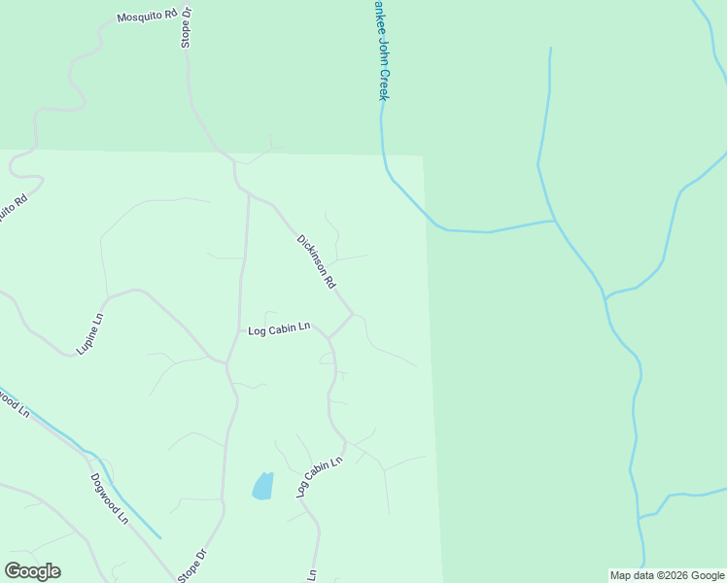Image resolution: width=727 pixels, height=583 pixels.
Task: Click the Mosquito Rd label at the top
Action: [148, 16]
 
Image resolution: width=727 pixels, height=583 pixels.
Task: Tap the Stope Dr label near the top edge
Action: [187, 27]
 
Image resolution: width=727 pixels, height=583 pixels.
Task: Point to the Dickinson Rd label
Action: [317, 261]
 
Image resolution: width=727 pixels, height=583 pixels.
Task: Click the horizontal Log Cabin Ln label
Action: [279, 329]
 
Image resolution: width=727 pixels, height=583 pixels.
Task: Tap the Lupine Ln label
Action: [90, 332]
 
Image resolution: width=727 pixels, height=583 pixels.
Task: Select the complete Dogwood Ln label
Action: [109, 497]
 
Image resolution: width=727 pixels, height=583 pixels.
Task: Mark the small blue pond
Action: [262, 486]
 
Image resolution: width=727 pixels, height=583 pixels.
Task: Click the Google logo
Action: [32, 570]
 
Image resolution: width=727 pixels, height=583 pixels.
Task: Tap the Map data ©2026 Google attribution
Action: [667, 575]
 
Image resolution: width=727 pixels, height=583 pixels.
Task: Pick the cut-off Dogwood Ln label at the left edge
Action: [14, 400]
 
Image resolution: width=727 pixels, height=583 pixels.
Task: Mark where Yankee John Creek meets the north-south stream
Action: [554, 221]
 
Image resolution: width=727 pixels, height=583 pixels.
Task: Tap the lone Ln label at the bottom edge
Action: [313, 575]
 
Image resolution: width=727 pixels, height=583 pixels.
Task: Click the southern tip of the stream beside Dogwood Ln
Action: [159, 537]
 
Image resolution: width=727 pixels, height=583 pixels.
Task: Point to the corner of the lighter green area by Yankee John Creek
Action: [423, 156]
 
